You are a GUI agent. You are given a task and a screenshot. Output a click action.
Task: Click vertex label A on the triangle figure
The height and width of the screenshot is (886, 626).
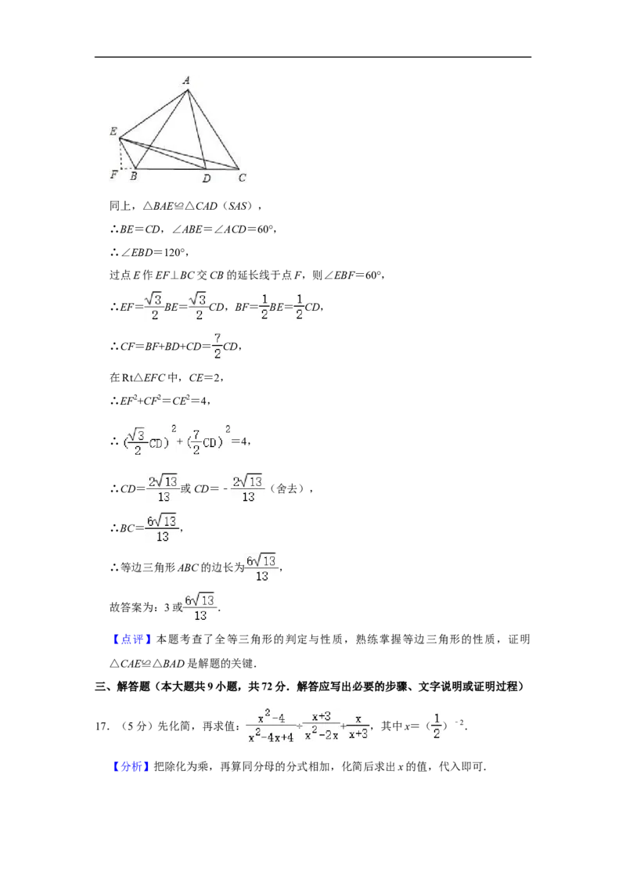coord(186,81)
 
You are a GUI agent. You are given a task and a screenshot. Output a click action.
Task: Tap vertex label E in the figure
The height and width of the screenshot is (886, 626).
coord(113,131)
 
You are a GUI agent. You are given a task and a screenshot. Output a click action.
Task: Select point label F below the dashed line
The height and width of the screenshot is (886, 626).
coord(113,175)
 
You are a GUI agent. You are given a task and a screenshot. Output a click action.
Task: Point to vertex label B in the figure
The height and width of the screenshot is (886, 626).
coord(133,176)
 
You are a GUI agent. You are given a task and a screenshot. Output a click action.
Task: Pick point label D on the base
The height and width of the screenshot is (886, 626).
coord(207,178)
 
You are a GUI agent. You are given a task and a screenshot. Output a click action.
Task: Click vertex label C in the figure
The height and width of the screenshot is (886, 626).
coord(243,178)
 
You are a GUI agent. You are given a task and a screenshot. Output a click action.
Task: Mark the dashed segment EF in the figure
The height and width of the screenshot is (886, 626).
coord(121,154)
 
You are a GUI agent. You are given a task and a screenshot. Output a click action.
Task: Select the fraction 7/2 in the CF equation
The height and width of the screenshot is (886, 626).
coord(217,346)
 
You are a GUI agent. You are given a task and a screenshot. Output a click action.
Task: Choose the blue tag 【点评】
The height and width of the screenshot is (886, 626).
coord(131,639)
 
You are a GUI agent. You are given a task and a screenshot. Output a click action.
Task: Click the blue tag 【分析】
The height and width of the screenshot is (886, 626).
coord(131,767)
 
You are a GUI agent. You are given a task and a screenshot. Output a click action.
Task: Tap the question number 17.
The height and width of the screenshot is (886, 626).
coord(102,726)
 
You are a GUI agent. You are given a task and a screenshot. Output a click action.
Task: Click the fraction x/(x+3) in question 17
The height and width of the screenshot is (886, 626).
coord(358,726)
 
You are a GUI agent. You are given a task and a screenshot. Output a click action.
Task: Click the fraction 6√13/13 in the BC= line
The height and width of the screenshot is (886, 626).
coord(163,528)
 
